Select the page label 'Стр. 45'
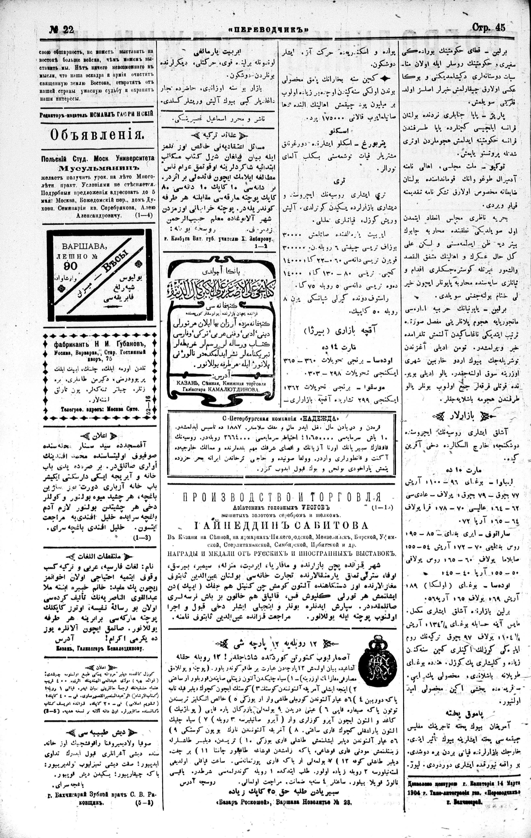click(x=489, y=28)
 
